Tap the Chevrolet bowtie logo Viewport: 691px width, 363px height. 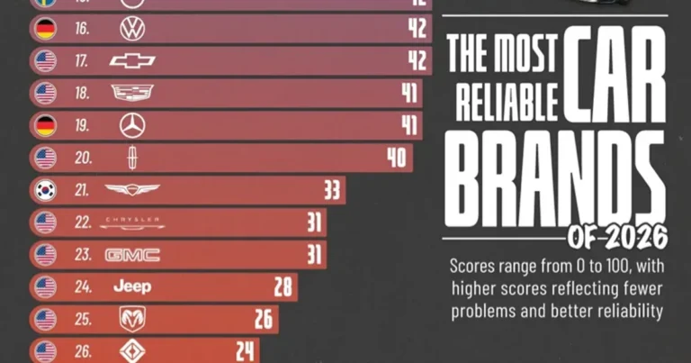click(x=132, y=61)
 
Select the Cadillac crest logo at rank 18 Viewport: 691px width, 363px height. click(x=132, y=93)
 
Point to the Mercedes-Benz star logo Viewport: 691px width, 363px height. click(x=132, y=124)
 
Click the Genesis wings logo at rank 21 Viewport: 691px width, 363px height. click(x=132, y=189)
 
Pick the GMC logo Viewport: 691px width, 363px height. click(x=132, y=255)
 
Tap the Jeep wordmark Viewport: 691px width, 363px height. click(x=132, y=286)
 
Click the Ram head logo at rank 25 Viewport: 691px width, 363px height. click(x=132, y=318)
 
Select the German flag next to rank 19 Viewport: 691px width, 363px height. click(x=45, y=124)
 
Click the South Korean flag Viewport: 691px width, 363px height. click(x=45, y=189)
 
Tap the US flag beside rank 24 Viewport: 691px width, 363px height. click(x=45, y=287)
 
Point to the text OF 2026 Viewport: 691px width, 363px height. click(x=618, y=237)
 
